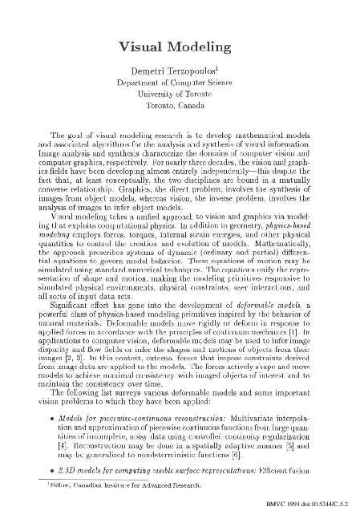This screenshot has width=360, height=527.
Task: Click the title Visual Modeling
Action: [180, 47]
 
